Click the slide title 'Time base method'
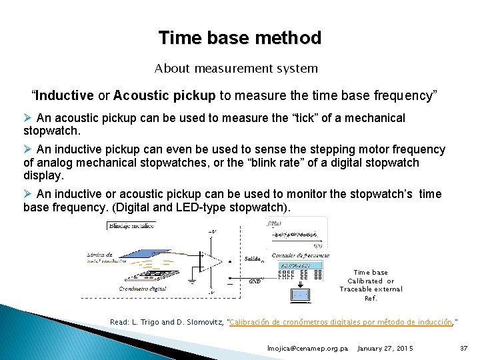pyautogui.click(x=239, y=38)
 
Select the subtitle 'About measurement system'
pyautogui.click(x=236, y=68)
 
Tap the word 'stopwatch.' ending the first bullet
pyautogui.click(x=51, y=131)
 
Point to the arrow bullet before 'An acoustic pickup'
pyautogui.click(x=27, y=118)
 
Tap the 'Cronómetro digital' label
pyautogui.click(x=144, y=289)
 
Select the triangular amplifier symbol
pyautogui.click(x=211, y=262)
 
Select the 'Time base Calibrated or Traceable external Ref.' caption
pyautogui.click(x=371, y=285)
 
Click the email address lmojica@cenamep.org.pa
pyautogui.click(x=307, y=349)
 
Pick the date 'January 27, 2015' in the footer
pyautogui.click(x=385, y=349)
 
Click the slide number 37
pyautogui.click(x=464, y=349)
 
